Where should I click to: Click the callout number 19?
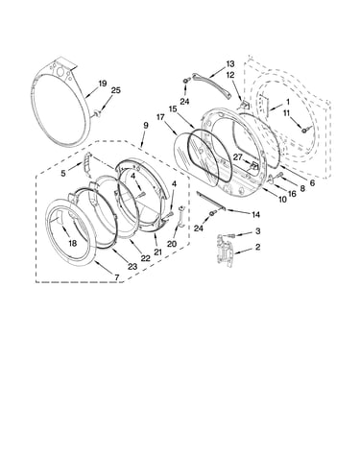(x=102, y=84)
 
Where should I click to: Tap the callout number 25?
(x=115, y=90)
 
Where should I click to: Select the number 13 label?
(x=230, y=64)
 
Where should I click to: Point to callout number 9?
(x=146, y=125)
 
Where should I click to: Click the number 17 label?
(x=160, y=117)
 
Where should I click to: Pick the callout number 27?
(x=237, y=157)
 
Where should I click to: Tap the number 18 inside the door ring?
(x=73, y=243)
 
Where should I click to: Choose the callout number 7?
(x=116, y=277)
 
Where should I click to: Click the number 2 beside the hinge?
(x=257, y=247)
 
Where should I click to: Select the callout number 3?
(x=257, y=230)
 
